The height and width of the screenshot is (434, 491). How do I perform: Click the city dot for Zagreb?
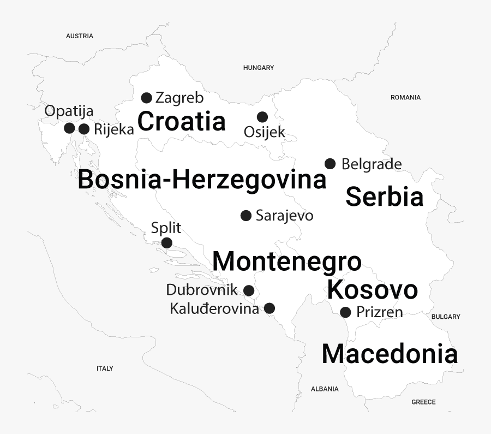[146, 98]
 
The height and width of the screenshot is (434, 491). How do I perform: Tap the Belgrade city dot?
[330, 164]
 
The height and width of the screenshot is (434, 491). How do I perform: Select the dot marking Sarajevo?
[246, 215]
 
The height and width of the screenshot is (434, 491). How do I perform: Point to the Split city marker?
[167, 243]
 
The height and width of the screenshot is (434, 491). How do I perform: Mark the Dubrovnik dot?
[249, 290]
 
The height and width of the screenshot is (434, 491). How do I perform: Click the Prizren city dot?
[345, 312]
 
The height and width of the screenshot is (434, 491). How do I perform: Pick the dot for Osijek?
[262, 117]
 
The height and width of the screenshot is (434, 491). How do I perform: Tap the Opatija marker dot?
[69, 128]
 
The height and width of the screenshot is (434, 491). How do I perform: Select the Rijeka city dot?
[84, 129]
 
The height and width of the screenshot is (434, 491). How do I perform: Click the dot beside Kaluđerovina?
[270, 308]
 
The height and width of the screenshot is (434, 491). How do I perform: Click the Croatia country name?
[182, 121]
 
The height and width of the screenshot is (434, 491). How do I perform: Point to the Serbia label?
[385, 197]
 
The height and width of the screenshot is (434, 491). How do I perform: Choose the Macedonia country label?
[390, 354]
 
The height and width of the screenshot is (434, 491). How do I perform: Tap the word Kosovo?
[373, 290]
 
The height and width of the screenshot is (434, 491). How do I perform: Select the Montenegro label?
[287, 261]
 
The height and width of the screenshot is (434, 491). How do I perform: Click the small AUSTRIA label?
[80, 36]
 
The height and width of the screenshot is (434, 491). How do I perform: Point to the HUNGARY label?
[259, 68]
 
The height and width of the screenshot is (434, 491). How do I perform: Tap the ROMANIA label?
[405, 97]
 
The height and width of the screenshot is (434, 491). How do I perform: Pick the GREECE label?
[423, 402]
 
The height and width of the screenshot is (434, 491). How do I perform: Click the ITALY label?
[105, 368]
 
